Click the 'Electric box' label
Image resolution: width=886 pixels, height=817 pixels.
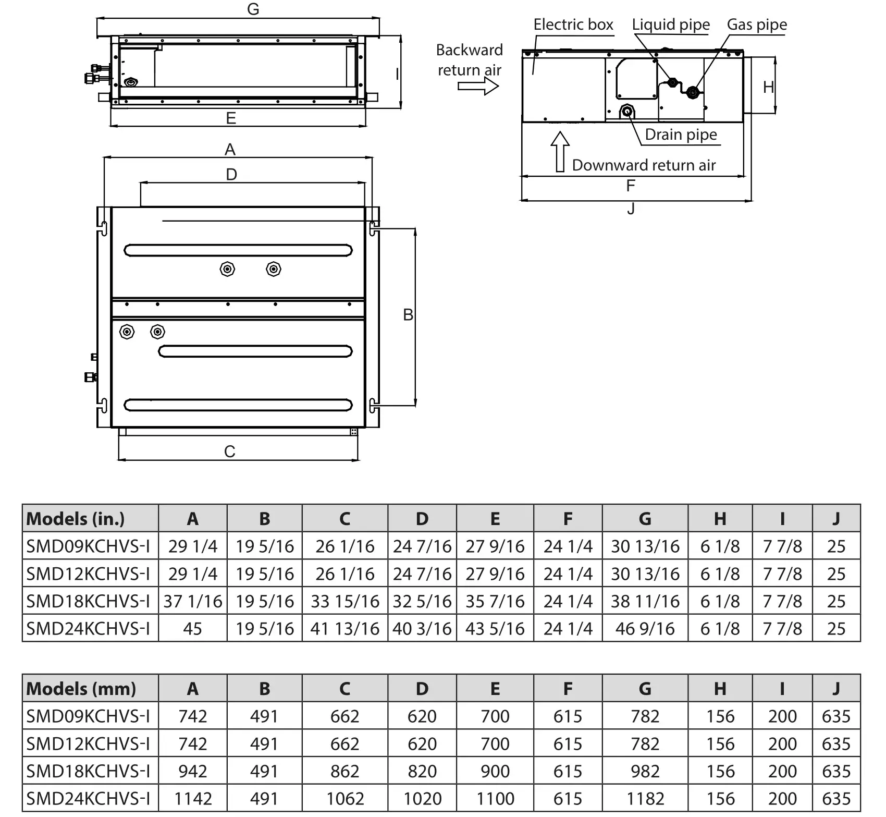[x=573, y=25]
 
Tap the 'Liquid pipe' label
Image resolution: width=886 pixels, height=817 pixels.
[x=670, y=25]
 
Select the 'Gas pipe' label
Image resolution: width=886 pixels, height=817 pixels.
[x=756, y=25]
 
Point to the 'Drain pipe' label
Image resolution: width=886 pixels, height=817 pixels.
[x=681, y=135]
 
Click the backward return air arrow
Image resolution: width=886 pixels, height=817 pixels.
[x=478, y=86]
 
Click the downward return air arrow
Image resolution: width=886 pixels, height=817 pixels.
[x=560, y=151]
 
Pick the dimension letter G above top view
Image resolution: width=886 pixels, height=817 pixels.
[x=253, y=9]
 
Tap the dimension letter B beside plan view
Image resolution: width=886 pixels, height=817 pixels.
[x=408, y=314]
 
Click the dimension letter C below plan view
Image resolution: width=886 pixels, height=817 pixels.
[x=229, y=451]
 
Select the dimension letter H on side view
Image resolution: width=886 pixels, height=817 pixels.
[x=768, y=87]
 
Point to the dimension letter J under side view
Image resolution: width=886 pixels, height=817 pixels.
[x=631, y=209]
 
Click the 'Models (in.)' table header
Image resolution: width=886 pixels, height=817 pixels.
[x=76, y=519]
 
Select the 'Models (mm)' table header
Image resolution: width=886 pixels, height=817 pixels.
[x=81, y=689]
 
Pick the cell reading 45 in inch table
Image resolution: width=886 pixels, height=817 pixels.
[x=192, y=628]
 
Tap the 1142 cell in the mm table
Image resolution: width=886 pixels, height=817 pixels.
[x=192, y=798]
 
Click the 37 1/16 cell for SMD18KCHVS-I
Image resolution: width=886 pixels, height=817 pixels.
[x=192, y=601]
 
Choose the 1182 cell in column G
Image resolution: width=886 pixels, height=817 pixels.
[x=645, y=798]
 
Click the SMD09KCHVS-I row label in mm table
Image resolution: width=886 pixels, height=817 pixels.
[x=88, y=716]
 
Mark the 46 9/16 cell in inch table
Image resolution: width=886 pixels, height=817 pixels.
[x=645, y=628]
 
